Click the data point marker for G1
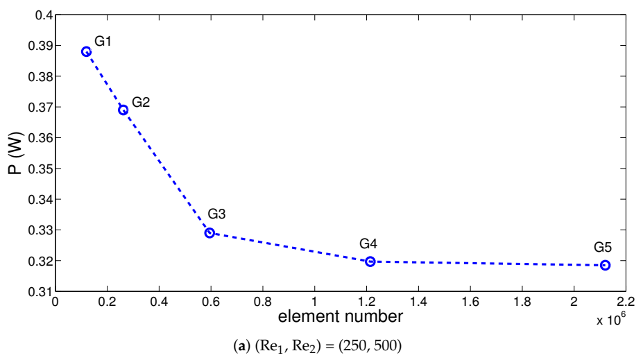pyautogui.click(x=86, y=51)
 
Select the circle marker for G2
pyautogui.click(x=123, y=110)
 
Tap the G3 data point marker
pyautogui.click(x=209, y=232)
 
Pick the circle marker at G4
pyautogui.click(x=370, y=262)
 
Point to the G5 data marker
pyautogui.click(x=605, y=265)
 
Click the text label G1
pyautogui.click(x=103, y=42)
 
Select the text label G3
pyautogui.click(x=216, y=214)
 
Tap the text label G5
pyautogui.click(x=603, y=247)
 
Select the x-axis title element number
pyautogui.click(x=341, y=317)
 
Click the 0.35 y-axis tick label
pyautogui.click(x=39, y=169)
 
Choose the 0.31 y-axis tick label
pyautogui.click(x=39, y=291)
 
